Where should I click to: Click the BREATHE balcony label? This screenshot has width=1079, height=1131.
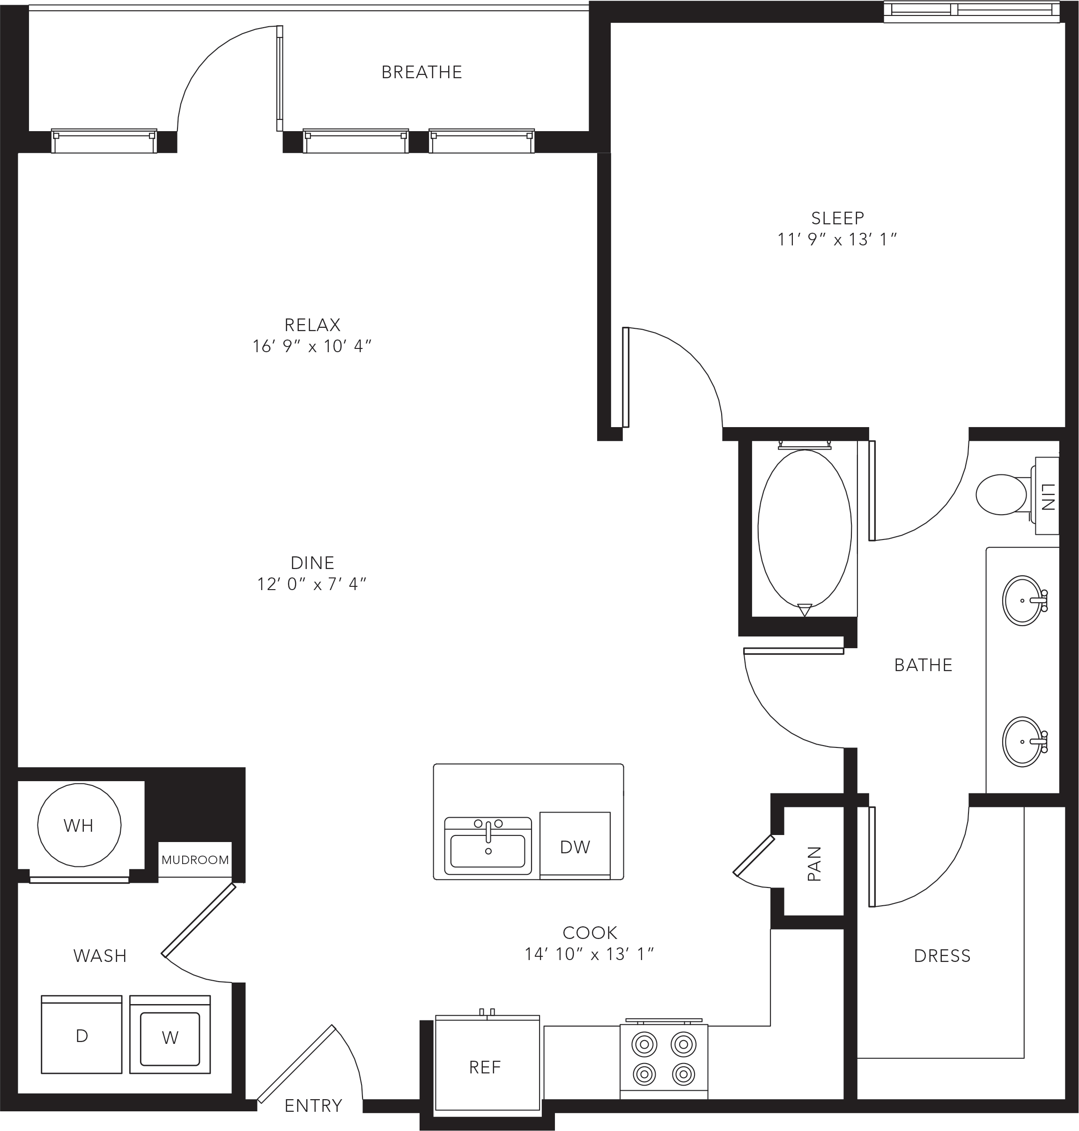tap(421, 72)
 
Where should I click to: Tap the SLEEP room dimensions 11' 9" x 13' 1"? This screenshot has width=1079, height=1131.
tap(837, 239)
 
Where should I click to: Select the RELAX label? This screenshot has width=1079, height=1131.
tap(312, 325)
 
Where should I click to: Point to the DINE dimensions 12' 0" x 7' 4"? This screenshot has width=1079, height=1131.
tap(312, 584)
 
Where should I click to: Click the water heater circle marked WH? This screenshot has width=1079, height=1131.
tap(79, 825)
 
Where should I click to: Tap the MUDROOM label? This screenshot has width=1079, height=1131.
tap(195, 860)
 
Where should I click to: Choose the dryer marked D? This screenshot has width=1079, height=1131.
tap(81, 1034)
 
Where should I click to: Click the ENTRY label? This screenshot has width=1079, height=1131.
tap(313, 1106)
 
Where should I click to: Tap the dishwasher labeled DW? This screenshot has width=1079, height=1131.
tap(575, 846)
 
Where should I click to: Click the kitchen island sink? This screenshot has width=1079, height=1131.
tap(488, 846)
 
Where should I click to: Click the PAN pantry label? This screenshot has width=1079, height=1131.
tap(814, 864)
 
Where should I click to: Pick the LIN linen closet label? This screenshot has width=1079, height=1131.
tap(1048, 496)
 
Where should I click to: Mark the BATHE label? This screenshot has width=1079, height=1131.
tap(923, 665)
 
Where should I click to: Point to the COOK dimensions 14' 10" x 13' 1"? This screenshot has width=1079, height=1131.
tap(590, 954)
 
